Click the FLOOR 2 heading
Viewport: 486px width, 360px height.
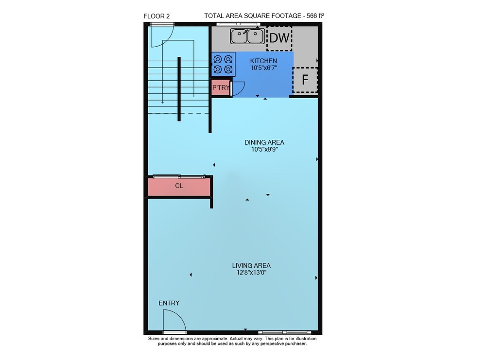tap(156, 17)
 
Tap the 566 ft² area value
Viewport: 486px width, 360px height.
tap(315, 16)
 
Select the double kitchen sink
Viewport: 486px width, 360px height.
tap(247, 36)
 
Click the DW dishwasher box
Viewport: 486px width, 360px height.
tap(279, 38)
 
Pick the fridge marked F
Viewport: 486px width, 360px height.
tap(305, 80)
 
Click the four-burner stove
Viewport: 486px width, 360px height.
tap(223, 64)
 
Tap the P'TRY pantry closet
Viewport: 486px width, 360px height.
tap(221, 87)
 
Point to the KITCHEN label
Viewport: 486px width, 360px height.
tap(263, 61)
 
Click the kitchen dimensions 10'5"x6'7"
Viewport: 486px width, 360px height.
tap(263, 68)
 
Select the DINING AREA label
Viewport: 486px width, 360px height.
tap(264, 142)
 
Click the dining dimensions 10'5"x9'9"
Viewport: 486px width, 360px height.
tap(264, 149)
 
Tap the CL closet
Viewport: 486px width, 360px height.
tap(179, 186)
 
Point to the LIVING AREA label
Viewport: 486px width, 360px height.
tap(251, 266)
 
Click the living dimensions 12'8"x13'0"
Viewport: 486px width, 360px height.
tap(251, 273)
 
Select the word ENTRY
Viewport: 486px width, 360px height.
tap(169, 303)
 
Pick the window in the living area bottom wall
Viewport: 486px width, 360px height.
tap(284, 332)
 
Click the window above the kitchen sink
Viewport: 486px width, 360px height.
tap(238, 24)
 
